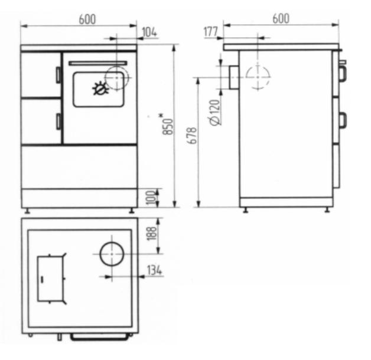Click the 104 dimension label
coord(149,32)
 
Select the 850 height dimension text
coord(168,127)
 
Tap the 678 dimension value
coord(192,136)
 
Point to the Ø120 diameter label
coord(215,112)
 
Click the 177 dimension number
coord(210,32)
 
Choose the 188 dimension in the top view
coord(152,234)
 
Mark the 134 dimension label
coord(155,270)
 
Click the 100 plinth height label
coord(152,198)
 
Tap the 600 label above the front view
coord(87,19)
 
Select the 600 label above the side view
coord(281,19)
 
